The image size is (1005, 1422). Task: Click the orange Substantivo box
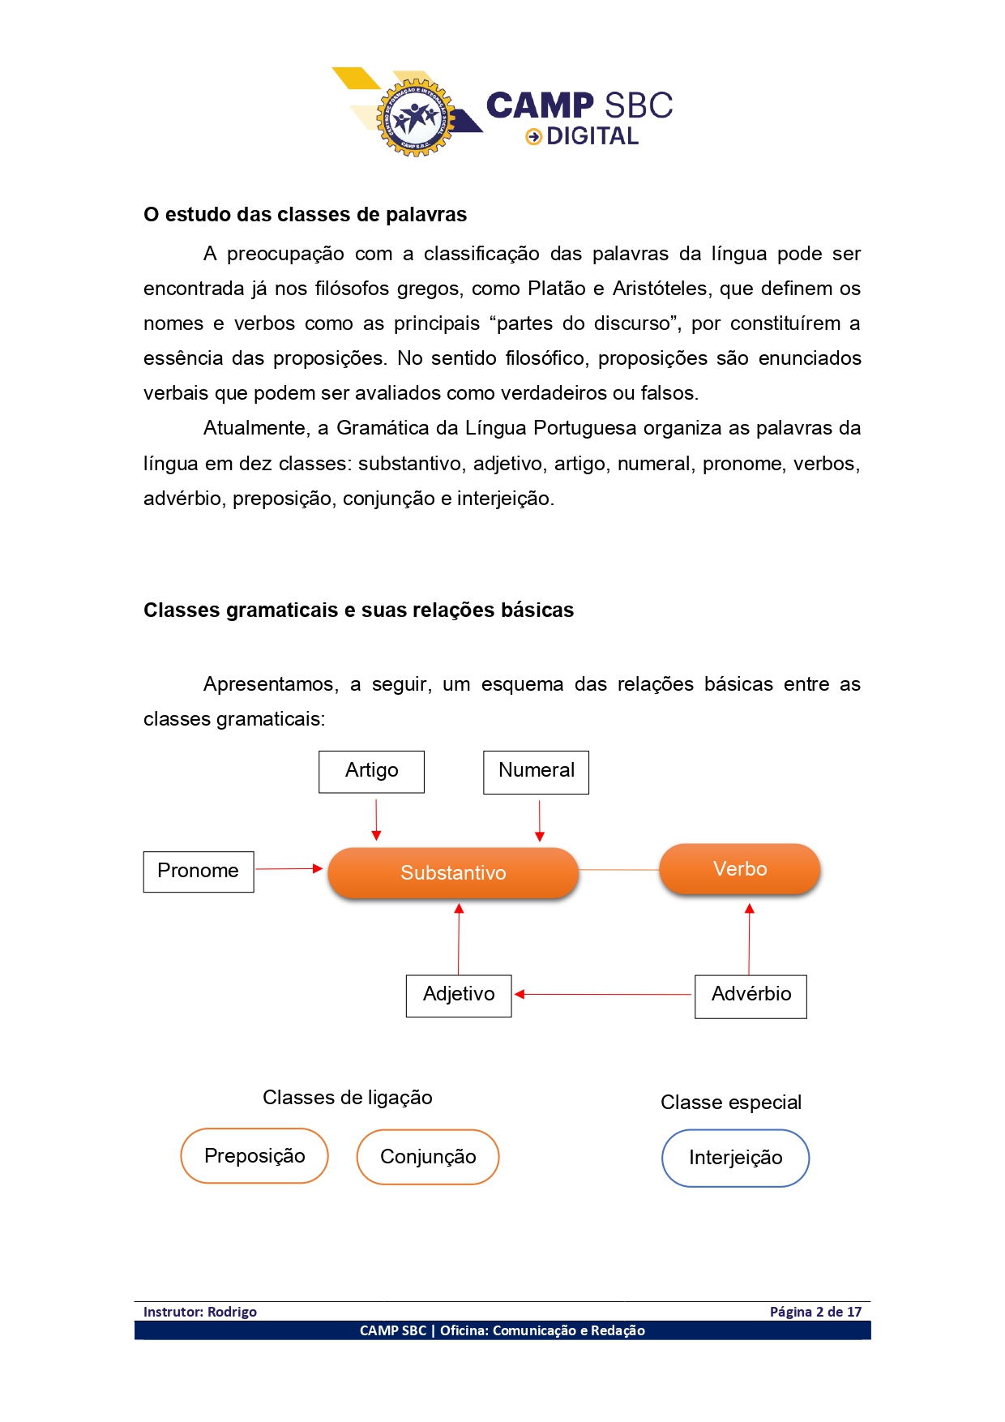pos(453,872)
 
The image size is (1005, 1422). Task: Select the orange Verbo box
pos(740,869)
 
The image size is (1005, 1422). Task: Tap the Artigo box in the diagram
pos(371,771)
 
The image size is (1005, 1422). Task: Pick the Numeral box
pos(536,772)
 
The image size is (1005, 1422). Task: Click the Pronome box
pos(199,872)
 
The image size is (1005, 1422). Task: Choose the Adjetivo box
pos(459,995)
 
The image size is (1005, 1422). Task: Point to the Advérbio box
pos(751,996)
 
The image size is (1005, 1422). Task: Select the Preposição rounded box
pos(254,1156)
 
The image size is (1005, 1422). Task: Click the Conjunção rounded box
pos(428,1157)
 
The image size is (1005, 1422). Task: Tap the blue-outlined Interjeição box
pos(735,1158)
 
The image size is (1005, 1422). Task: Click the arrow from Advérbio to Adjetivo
pos(604,994)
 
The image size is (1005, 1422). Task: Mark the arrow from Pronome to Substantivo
pos(289,869)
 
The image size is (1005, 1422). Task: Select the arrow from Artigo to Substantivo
pos(376,820)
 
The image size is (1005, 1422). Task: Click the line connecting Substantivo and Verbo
pos(619,870)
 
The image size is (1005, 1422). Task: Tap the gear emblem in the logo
pos(416,118)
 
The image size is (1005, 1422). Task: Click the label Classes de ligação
pos(347,1098)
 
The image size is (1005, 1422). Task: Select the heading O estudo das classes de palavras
pos(305,215)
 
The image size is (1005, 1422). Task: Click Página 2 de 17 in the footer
pos(815,1312)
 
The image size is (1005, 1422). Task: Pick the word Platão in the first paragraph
pos(556,289)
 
